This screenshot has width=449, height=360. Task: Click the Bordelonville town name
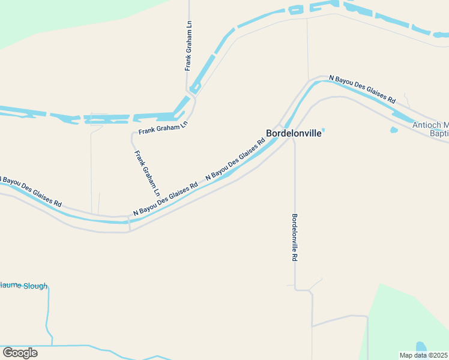(x=294, y=133)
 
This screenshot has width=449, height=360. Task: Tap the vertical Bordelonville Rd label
(x=295, y=237)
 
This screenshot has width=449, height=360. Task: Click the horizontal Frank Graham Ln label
(x=163, y=128)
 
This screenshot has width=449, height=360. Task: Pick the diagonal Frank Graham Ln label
(x=147, y=173)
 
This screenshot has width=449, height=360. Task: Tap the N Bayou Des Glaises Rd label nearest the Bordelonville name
(x=235, y=160)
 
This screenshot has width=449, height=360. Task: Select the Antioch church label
(x=430, y=129)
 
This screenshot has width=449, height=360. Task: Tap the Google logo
(x=20, y=352)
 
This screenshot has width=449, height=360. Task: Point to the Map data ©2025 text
(x=423, y=355)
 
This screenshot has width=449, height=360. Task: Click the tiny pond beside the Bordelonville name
(x=323, y=130)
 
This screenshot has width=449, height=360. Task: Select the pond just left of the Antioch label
(x=394, y=129)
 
